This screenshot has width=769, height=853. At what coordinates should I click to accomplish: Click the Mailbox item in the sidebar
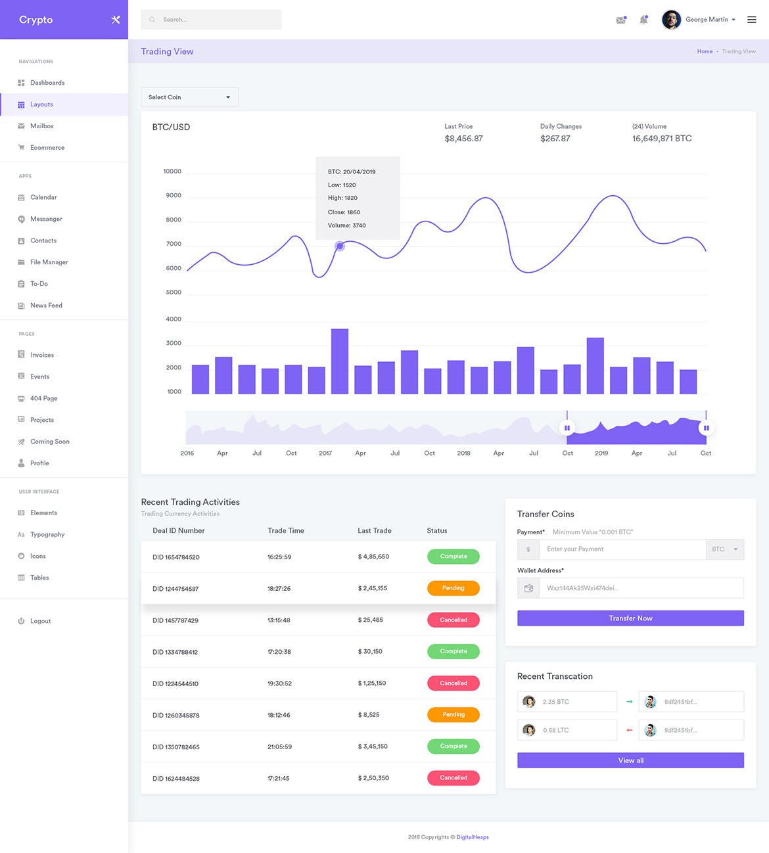coord(41,126)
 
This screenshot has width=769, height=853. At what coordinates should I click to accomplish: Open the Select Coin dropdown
coord(189,97)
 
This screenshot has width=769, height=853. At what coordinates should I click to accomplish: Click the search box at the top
coord(211,20)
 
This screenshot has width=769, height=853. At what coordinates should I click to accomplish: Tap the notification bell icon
coord(643,20)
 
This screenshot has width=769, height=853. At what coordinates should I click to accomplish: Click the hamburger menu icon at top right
coord(751,20)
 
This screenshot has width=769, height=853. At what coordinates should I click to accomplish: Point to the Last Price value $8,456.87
coord(463,139)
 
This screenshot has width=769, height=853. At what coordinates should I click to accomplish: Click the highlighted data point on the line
coord(340,246)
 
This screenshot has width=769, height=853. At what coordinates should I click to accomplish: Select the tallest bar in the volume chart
coord(340,361)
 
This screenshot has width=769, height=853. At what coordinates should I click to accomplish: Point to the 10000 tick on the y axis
coord(172,172)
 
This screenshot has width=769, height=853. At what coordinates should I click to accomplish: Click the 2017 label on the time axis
coord(325,453)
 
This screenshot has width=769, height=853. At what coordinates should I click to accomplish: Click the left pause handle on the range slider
coord(567,428)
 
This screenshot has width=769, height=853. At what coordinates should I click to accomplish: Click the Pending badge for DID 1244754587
coord(453,588)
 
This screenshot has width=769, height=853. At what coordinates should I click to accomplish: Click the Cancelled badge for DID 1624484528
coord(453,778)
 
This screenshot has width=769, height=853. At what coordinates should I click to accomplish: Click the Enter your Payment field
coord(622,549)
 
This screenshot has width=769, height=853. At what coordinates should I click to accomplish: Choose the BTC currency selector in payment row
coord(724,549)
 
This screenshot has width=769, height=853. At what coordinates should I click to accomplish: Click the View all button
coord(630,760)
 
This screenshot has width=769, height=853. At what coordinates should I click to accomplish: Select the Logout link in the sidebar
coord(40,621)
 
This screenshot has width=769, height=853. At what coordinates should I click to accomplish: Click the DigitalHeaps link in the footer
coord(473,837)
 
